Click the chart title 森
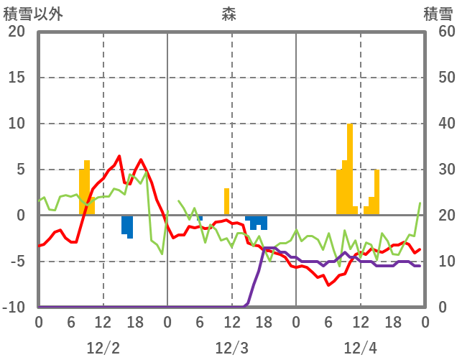click(x=228, y=14)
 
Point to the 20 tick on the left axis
click(x=16, y=32)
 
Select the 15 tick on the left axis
click(x=16, y=78)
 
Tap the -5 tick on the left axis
click(x=16, y=262)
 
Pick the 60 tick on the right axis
click(x=439, y=32)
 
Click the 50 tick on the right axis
click(x=439, y=78)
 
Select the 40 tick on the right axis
click(x=439, y=124)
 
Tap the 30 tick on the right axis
click(x=439, y=170)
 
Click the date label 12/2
click(x=103, y=349)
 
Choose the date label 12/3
click(x=231, y=349)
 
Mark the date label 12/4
click(x=360, y=349)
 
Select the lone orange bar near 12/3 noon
click(x=226, y=201)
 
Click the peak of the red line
click(x=119, y=156)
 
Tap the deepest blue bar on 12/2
click(x=130, y=227)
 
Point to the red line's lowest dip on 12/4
click(x=329, y=285)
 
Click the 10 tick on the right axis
click(x=439, y=262)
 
